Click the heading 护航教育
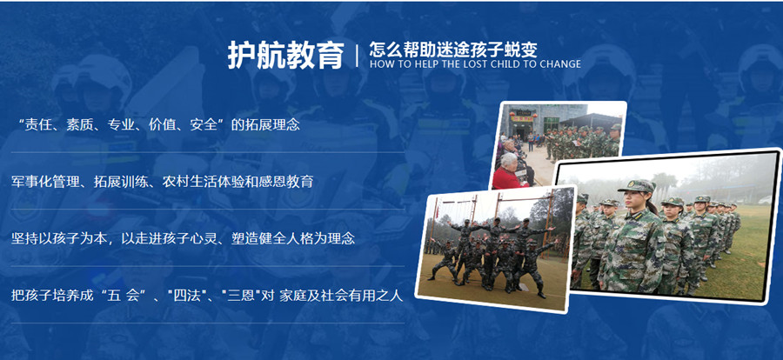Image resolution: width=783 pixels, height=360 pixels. [285, 55]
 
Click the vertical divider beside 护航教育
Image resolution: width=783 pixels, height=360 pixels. [357, 56]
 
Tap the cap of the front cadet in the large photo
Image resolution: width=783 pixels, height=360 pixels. [637, 185]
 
